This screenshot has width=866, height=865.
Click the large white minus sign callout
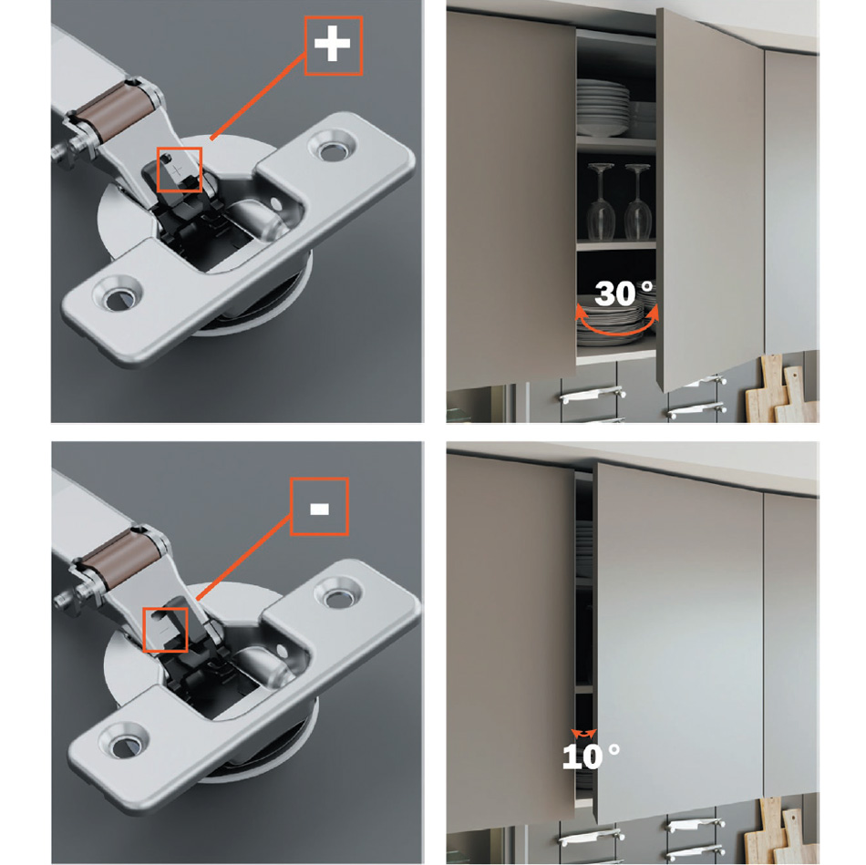click(x=319, y=509)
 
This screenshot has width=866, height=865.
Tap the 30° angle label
click(x=624, y=293)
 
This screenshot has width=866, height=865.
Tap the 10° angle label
click(x=591, y=757)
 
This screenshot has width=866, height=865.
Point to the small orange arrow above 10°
click(x=584, y=734)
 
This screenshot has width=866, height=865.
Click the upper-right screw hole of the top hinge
click(x=332, y=148)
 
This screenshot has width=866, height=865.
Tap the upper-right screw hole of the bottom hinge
click(x=337, y=596)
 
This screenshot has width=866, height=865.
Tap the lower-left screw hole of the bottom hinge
click(x=123, y=746)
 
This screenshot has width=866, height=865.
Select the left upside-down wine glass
click(x=602, y=201)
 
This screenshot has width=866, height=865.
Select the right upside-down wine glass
click(x=637, y=201)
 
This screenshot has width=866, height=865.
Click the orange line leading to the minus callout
click(x=243, y=557)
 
